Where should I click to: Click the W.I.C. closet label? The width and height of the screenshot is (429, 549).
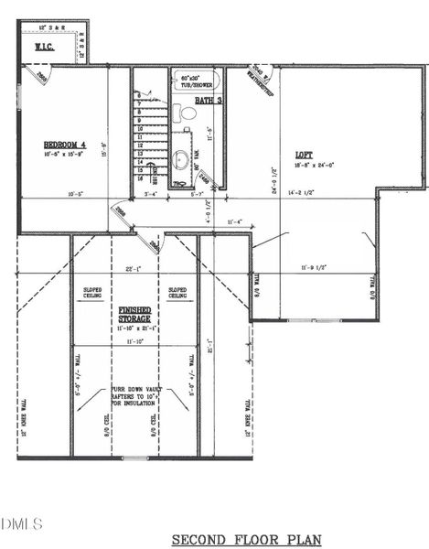tap(46, 46)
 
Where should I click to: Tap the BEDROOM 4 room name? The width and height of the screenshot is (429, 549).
tap(64, 144)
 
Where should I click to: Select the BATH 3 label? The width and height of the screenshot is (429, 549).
tap(208, 99)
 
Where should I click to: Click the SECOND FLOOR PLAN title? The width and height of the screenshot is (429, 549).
tap(246, 539)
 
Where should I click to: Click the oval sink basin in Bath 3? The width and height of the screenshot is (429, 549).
tap(181, 161)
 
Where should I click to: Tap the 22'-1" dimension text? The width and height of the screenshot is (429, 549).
tap(134, 268)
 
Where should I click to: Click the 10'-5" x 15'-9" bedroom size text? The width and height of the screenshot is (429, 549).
tap(64, 156)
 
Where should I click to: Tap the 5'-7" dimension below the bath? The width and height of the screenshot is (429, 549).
tap(196, 194)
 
